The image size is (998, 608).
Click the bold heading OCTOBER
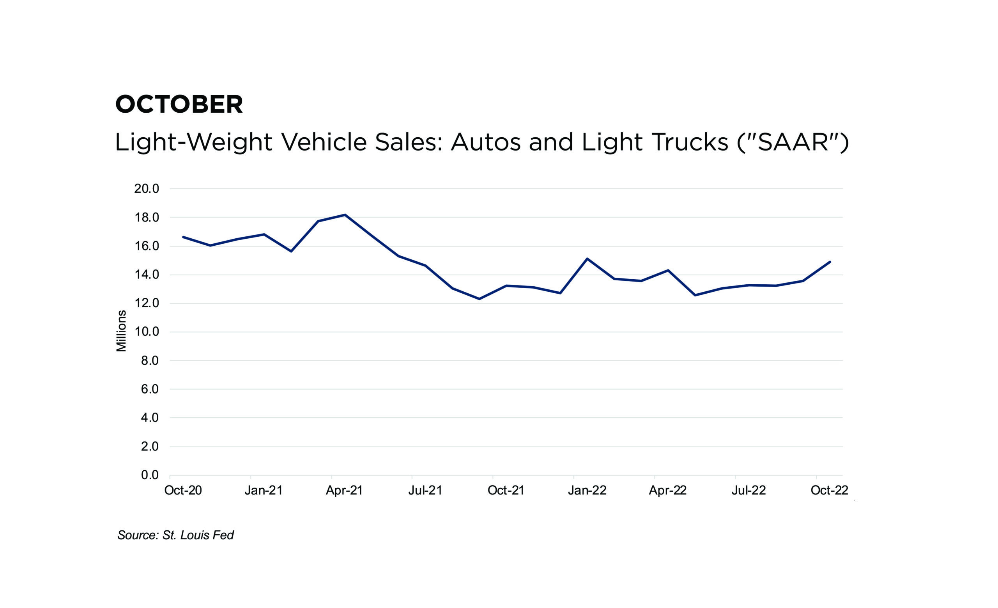point(179,104)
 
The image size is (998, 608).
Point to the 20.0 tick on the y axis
point(146,189)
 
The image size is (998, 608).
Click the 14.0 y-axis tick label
point(146,275)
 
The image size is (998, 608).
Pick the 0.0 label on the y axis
point(149,475)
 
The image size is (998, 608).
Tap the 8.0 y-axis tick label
point(149,361)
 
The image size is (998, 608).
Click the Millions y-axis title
point(122,331)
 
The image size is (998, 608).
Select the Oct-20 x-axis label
point(183,491)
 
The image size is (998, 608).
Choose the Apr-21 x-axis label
point(344,491)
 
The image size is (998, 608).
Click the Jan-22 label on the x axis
point(587,491)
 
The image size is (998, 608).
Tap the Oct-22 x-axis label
point(829,491)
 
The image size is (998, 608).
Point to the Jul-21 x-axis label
point(425,491)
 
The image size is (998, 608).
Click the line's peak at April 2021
point(345,214)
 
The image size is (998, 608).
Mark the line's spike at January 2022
point(587,259)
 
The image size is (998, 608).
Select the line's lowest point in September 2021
point(480,299)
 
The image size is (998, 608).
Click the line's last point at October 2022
point(830,262)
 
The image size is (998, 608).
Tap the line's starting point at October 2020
point(184,237)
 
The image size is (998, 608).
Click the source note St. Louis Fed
point(175,535)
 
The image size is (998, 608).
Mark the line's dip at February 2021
point(291,252)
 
